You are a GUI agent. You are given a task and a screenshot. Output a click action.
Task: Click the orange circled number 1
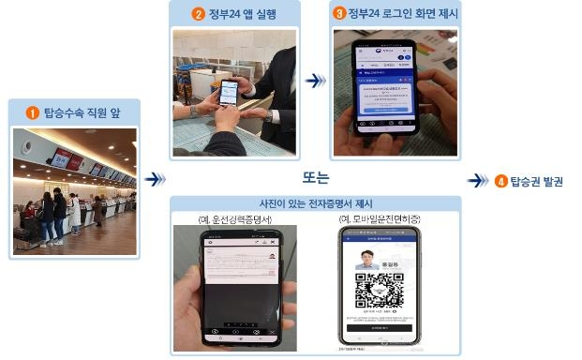(x=32, y=113)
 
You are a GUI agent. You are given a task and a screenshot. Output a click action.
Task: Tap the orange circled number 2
(x=198, y=14)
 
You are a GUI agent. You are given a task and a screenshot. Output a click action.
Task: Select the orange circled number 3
(x=339, y=14)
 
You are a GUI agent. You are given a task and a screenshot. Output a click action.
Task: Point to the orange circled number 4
(x=500, y=181)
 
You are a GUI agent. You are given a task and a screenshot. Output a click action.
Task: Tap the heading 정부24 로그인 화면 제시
(x=395, y=14)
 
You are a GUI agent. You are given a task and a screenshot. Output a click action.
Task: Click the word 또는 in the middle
(x=316, y=176)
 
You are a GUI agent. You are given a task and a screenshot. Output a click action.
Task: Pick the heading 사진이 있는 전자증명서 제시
(x=314, y=203)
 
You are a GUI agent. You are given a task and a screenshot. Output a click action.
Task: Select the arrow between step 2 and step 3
(x=316, y=81)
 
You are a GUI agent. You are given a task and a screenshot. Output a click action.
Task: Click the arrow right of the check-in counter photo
(x=157, y=178)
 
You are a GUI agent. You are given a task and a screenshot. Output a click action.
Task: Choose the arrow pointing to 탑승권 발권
(x=478, y=181)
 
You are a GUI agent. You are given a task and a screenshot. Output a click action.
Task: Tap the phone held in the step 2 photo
(x=228, y=94)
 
